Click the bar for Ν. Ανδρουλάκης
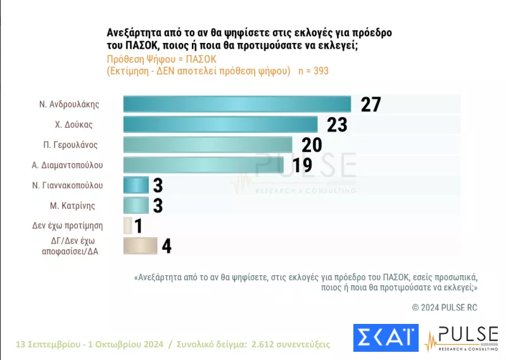(237, 104)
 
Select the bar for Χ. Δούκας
(220, 125)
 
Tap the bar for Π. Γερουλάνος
(208, 145)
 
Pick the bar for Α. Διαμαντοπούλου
(204, 165)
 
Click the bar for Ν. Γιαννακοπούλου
(136, 185)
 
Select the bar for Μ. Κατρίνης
(136, 206)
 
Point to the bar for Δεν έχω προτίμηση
(128, 226)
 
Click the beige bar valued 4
(141, 246)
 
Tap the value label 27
(370, 104)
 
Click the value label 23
(337, 125)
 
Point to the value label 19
(302, 165)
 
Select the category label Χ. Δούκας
(73, 125)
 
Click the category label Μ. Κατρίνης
(73, 206)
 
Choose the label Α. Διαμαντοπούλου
(67, 165)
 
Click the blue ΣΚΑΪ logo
(386, 338)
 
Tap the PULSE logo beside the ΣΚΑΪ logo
(462, 338)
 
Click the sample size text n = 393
(313, 71)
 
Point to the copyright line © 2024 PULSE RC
(445, 307)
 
